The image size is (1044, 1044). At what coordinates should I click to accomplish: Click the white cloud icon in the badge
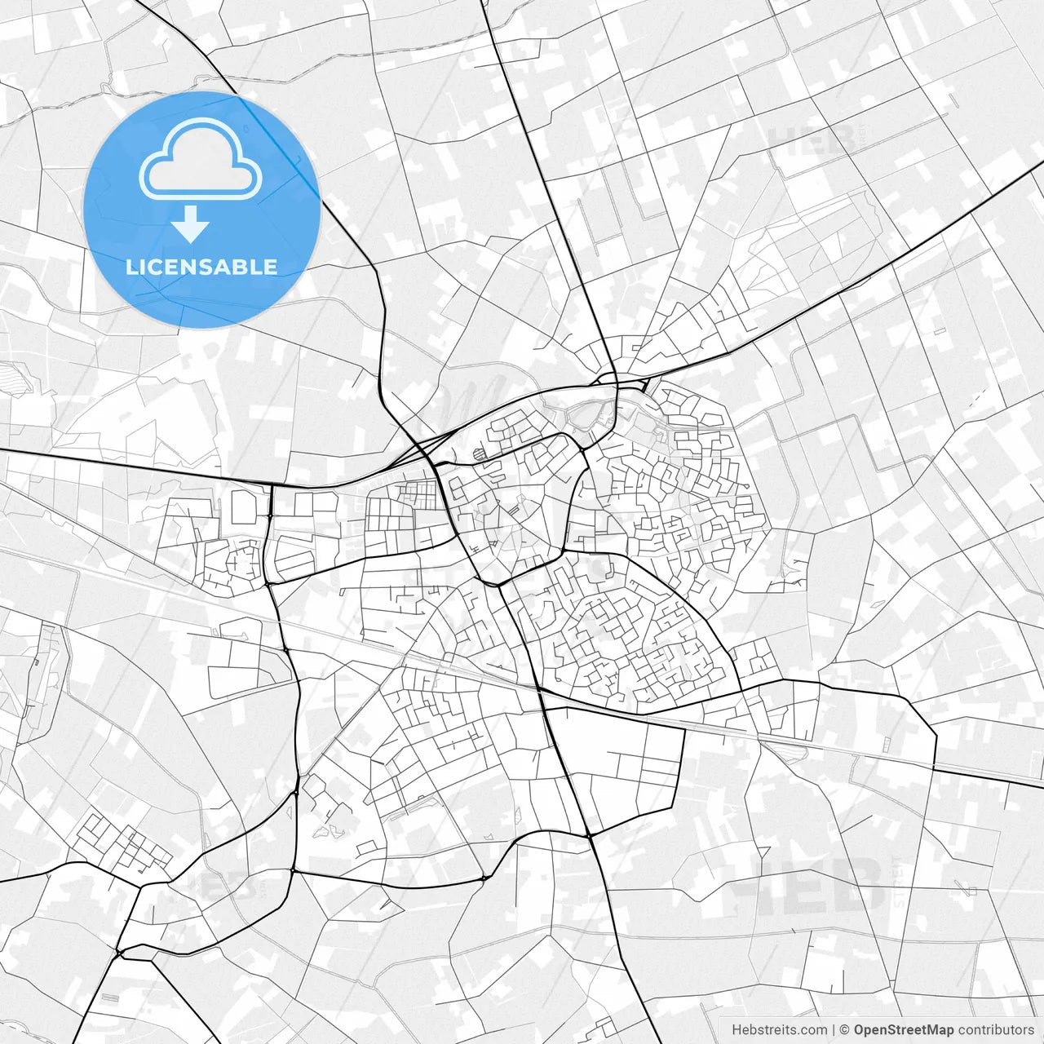point(201,158)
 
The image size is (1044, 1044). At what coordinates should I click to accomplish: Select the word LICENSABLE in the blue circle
point(201,267)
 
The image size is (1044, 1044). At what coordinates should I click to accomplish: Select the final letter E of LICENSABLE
point(269,267)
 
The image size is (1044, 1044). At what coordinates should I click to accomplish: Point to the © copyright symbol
point(845,1030)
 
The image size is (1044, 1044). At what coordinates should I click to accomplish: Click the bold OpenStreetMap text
point(903,1030)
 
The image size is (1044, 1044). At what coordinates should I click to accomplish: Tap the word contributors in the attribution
point(995,1030)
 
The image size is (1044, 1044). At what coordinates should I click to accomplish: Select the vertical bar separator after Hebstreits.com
point(834,1030)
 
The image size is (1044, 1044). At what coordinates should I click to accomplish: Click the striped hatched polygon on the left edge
point(15,376)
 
